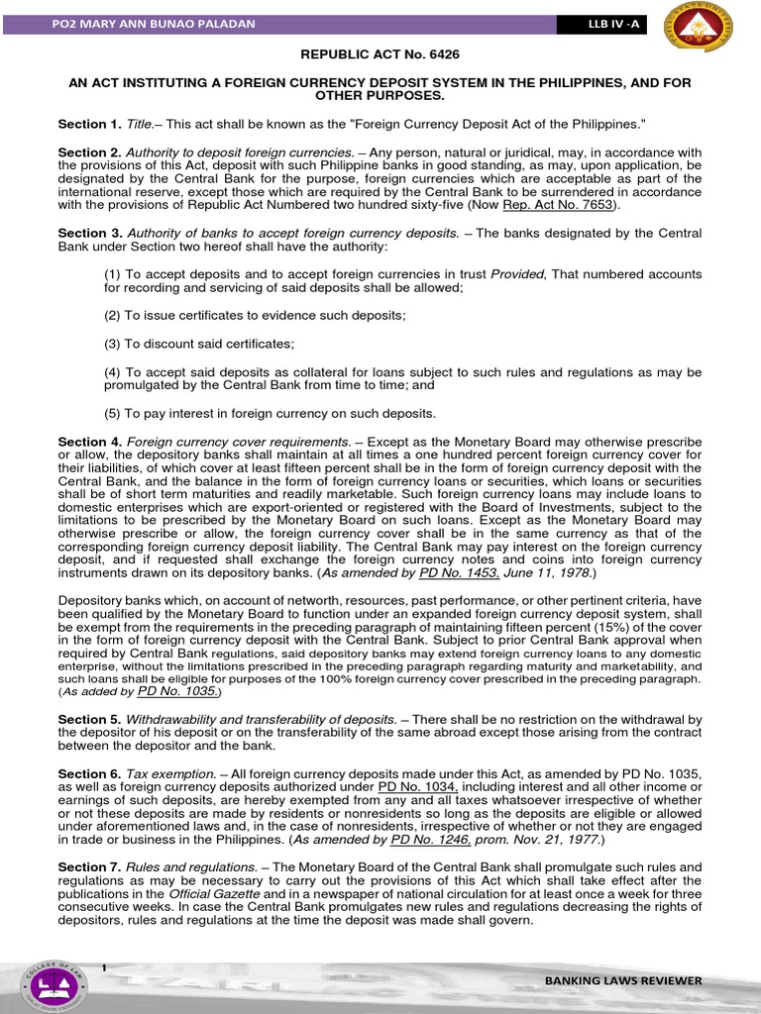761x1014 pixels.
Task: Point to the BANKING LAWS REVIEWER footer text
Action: [623, 980]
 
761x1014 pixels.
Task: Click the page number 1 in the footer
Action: [103, 965]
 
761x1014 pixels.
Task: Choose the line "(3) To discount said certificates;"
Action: [199, 344]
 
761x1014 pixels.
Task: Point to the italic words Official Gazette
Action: [210, 895]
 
